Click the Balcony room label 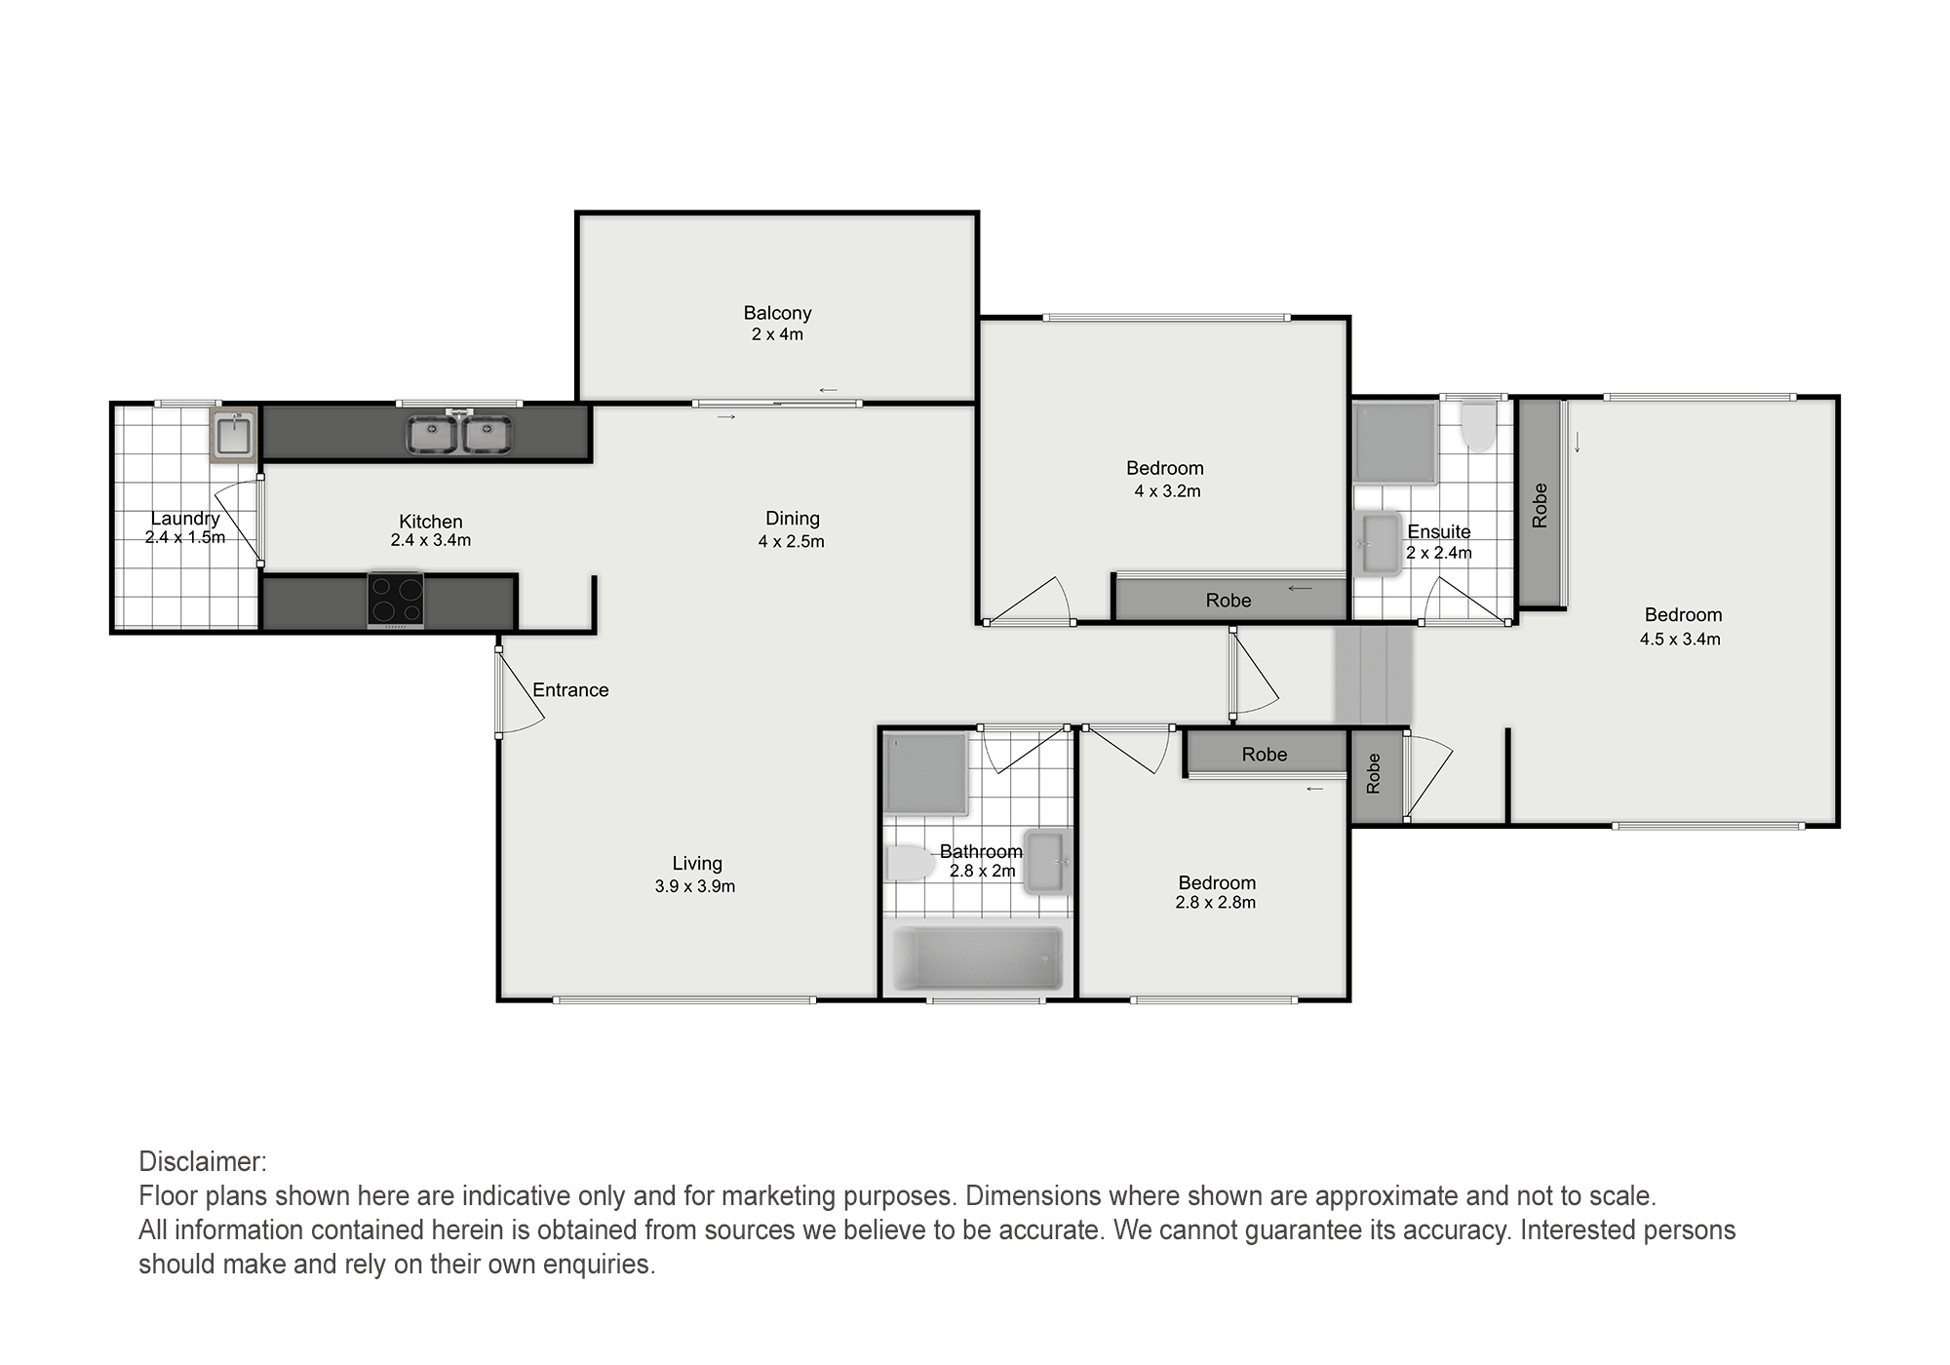tap(777, 313)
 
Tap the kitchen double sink tap(459, 434)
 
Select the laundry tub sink tap(234, 434)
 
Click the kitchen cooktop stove tap(396, 600)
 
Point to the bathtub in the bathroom tap(978, 957)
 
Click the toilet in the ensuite tap(1478, 428)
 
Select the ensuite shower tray tap(1395, 444)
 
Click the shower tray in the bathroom tap(925, 774)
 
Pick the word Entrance tap(570, 690)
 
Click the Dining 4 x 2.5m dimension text tap(792, 542)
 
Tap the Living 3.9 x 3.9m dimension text tap(695, 887)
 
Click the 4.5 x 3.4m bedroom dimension tap(1680, 640)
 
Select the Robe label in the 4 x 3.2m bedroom tap(1228, 601)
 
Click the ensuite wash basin tap(1379, 544)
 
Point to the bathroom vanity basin tap(1047, 861)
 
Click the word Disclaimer tap(203, 1162)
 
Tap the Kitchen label tap(431, 522)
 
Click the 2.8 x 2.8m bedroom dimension tap(1216, 903)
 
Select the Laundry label tap(185, 519)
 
